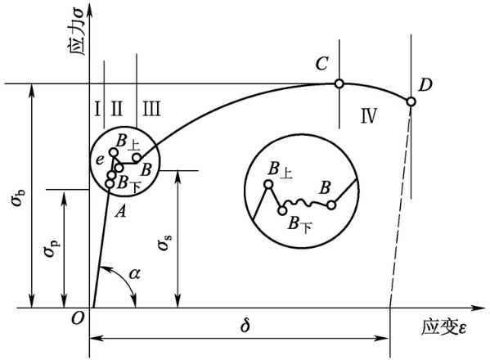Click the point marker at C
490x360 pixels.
[x=339, y=83]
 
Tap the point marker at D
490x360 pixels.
[x=411, y=102]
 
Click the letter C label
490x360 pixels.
[x=321, y=64]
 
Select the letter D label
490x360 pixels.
[x=425, y=85]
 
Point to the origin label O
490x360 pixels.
[x=78, y=319]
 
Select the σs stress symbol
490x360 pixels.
[x=164, y=241]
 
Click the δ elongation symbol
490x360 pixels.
[x=245, y=325]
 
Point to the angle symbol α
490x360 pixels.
[x=135, y=274]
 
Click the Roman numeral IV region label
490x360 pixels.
[x=369, y=115]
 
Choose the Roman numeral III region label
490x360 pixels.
[x=151, y=109]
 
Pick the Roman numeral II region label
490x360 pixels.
[x=116, y=109]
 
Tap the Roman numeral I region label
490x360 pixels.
[x=98, y=109]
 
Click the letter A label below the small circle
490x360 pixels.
[x=120, y=212]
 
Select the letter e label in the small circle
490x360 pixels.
[x=99, y=160]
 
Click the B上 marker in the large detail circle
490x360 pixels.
[x=268, y=184]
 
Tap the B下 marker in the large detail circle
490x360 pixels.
[x=282, y=210]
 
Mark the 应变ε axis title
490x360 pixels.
[x=443, y=327]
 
